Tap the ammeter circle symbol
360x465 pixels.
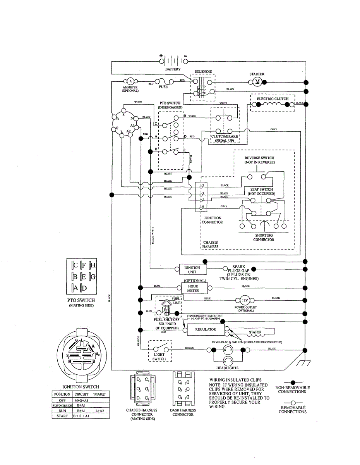click(130, 81)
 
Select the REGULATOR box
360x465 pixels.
click(205, 329)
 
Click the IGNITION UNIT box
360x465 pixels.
click(192, 270)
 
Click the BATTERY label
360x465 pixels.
click(173, 69)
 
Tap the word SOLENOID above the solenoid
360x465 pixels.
click(203, 72)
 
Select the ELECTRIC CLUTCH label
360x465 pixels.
click(273, 99)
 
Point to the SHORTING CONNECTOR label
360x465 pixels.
click(264, 238)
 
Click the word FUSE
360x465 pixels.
click(163, 87)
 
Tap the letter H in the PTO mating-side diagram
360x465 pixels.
click(93, 265)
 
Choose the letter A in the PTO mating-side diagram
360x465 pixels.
click(76, 288)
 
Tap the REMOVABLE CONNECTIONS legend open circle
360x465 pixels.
click(293, 403)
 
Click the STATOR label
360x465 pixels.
click(255, 332)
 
